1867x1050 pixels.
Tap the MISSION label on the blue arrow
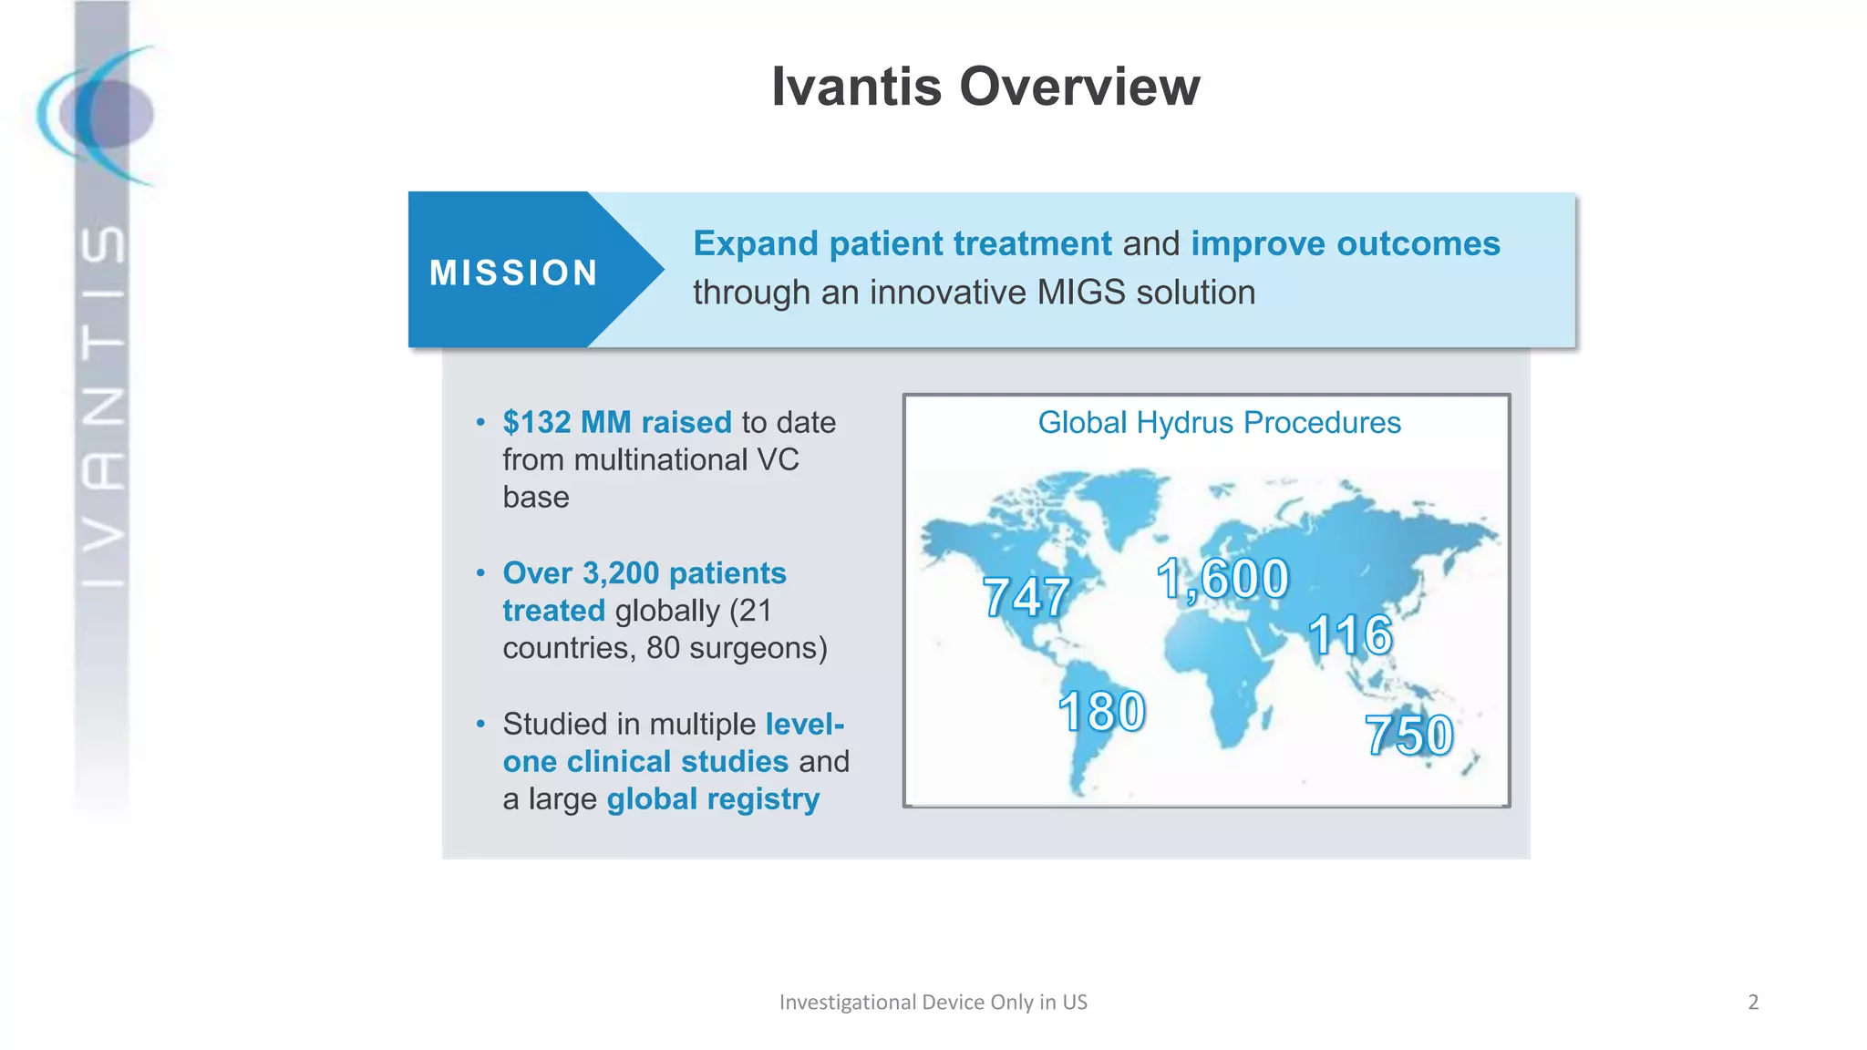pyautogui.click(x=513, y=273)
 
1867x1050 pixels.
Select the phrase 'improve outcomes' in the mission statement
pyautogui.click(x=1345, y=243)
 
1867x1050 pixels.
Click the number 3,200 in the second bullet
pyautogui.click(x=620, y=573)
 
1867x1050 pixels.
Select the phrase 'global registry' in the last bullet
pyautogui.click(x=713, y=799)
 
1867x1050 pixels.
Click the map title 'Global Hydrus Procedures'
pyautogui.click(x=1219, y=423)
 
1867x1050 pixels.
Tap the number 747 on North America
pyautogui.click(x=1026, y=598)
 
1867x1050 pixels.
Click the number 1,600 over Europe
pyautogui.click(x=1222, y=579)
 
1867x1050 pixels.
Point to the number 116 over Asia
pyautogui.click(x=1350, y=634)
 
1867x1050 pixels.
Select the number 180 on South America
pyautogui.click(x=1101, y=712)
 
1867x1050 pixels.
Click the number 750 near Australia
pyautogui.click(x=1408, y=736)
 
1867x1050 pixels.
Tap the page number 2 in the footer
pyautogui.click(x=1752, y=1003)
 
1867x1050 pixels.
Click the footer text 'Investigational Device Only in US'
pyautogui.click(x=933, y=1003)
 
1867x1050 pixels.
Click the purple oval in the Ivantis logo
pyautogui.click(x=109, y=115)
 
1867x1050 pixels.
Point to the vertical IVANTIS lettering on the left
pyautogui.click(x=102, y=406)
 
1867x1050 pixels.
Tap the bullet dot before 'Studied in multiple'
pyautogui.click(x=480, y=725)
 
